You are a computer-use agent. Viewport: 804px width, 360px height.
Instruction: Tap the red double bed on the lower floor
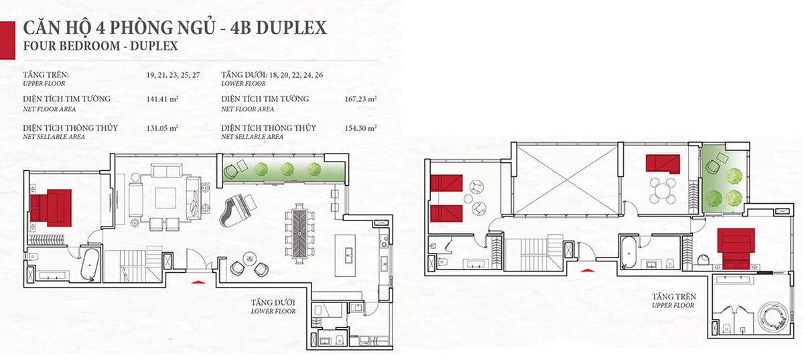click(x=51, y=207)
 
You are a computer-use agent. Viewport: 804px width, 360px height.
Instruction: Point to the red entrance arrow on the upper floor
click(x=587, y=269)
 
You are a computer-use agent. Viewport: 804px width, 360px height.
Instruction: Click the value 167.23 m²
click(x=361, y=99)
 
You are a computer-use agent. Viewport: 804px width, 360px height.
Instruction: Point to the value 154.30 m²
click(x=361, y=129)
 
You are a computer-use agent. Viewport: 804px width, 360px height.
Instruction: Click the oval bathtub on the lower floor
click(x=88, y=265)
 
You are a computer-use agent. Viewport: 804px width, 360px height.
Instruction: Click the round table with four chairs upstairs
click(x=662, y=190)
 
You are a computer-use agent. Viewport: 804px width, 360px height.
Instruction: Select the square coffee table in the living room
click(x=165, y=198)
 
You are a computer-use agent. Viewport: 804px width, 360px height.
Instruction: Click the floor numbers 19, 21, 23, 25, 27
click(x=155, y=76)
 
